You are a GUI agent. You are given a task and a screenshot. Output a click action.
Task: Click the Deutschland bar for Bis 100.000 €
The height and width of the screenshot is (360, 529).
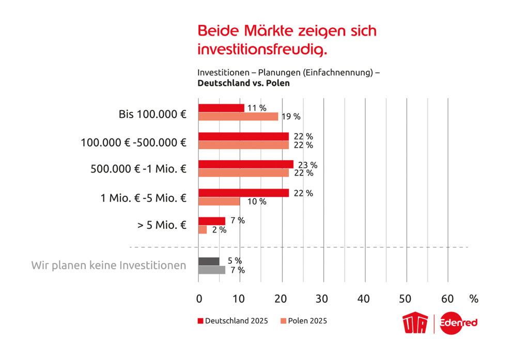click(x=221, y=108)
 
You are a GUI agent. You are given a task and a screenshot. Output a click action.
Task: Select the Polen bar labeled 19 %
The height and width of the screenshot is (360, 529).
click(x=238, y=117)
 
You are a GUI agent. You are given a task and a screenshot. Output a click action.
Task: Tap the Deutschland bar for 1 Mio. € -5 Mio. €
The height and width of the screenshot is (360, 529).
click(x=243, y=193)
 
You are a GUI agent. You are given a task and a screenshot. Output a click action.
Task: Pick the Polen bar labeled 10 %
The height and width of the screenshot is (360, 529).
click(x=219, y=201)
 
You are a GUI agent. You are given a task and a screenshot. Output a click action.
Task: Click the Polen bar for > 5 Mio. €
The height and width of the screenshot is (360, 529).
click(x=203, y=230)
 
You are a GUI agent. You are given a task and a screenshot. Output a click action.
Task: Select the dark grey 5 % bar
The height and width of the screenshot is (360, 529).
click(x=209, y=261)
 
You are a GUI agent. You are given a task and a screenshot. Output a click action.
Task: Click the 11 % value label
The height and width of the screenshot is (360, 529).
click(x=257, y=108)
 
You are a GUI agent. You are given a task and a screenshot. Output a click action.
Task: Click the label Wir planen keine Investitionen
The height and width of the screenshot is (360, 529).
click(x=108, y=265)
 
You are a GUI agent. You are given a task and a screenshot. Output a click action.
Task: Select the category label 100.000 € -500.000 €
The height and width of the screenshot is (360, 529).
click(x=133, y=142)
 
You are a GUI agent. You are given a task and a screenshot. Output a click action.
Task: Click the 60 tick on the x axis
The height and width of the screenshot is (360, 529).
click(x=447, y=299)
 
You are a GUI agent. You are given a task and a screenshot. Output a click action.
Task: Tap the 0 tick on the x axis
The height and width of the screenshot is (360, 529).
click(x=199, y=299)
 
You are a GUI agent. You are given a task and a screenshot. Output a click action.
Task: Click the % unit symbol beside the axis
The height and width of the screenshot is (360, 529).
click(x=474, y=299)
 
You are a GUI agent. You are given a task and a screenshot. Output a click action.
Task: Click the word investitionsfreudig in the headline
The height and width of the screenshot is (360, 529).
click(x=262, y=50)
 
